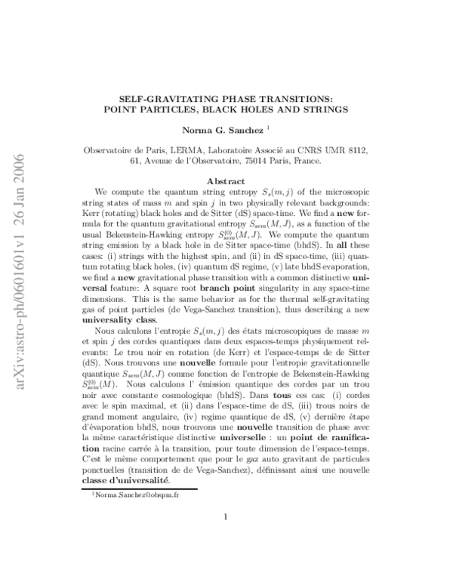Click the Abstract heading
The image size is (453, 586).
coord(226,181)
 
